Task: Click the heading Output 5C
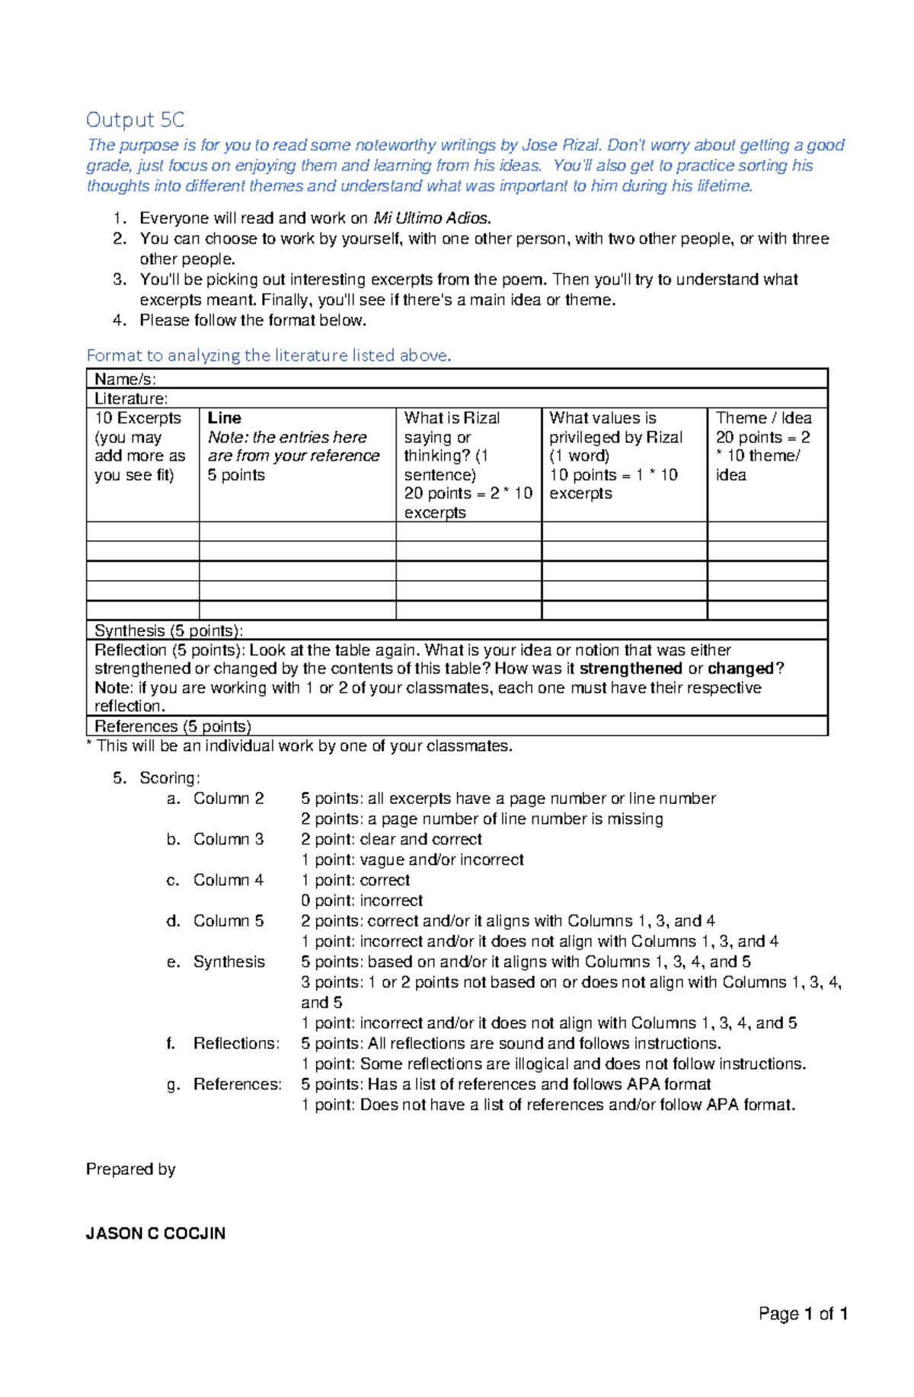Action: point(135,120)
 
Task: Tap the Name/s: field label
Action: point(125,379)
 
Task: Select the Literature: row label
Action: point(131,399)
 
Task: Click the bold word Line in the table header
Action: point(224,418)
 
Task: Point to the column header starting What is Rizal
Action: point(452,418)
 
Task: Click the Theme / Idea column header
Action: point(763,418)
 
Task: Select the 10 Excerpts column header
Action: point(138,418)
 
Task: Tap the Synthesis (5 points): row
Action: point(168,630)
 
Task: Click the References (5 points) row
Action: point(173,726)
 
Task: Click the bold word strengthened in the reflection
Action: point(631,668)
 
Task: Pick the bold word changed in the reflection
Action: point(740,668)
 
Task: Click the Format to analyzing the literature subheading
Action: point(269,356)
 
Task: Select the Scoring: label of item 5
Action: point(170,778)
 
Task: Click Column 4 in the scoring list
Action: point(228,880)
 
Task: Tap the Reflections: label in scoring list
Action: point(236,1044)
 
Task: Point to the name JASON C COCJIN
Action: point(155,1234)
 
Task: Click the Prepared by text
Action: point(130,1169)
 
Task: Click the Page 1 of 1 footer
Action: point(803,1314)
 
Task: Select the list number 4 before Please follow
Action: point(118,321)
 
